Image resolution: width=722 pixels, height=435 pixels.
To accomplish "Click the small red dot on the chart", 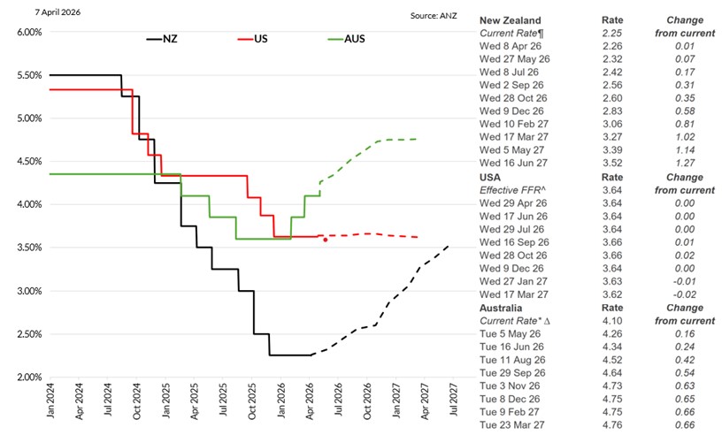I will tap(326, 240).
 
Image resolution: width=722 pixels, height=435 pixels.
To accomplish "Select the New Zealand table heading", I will tap(511, 20).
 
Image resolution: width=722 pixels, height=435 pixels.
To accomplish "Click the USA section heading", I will tap(492, 178).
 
